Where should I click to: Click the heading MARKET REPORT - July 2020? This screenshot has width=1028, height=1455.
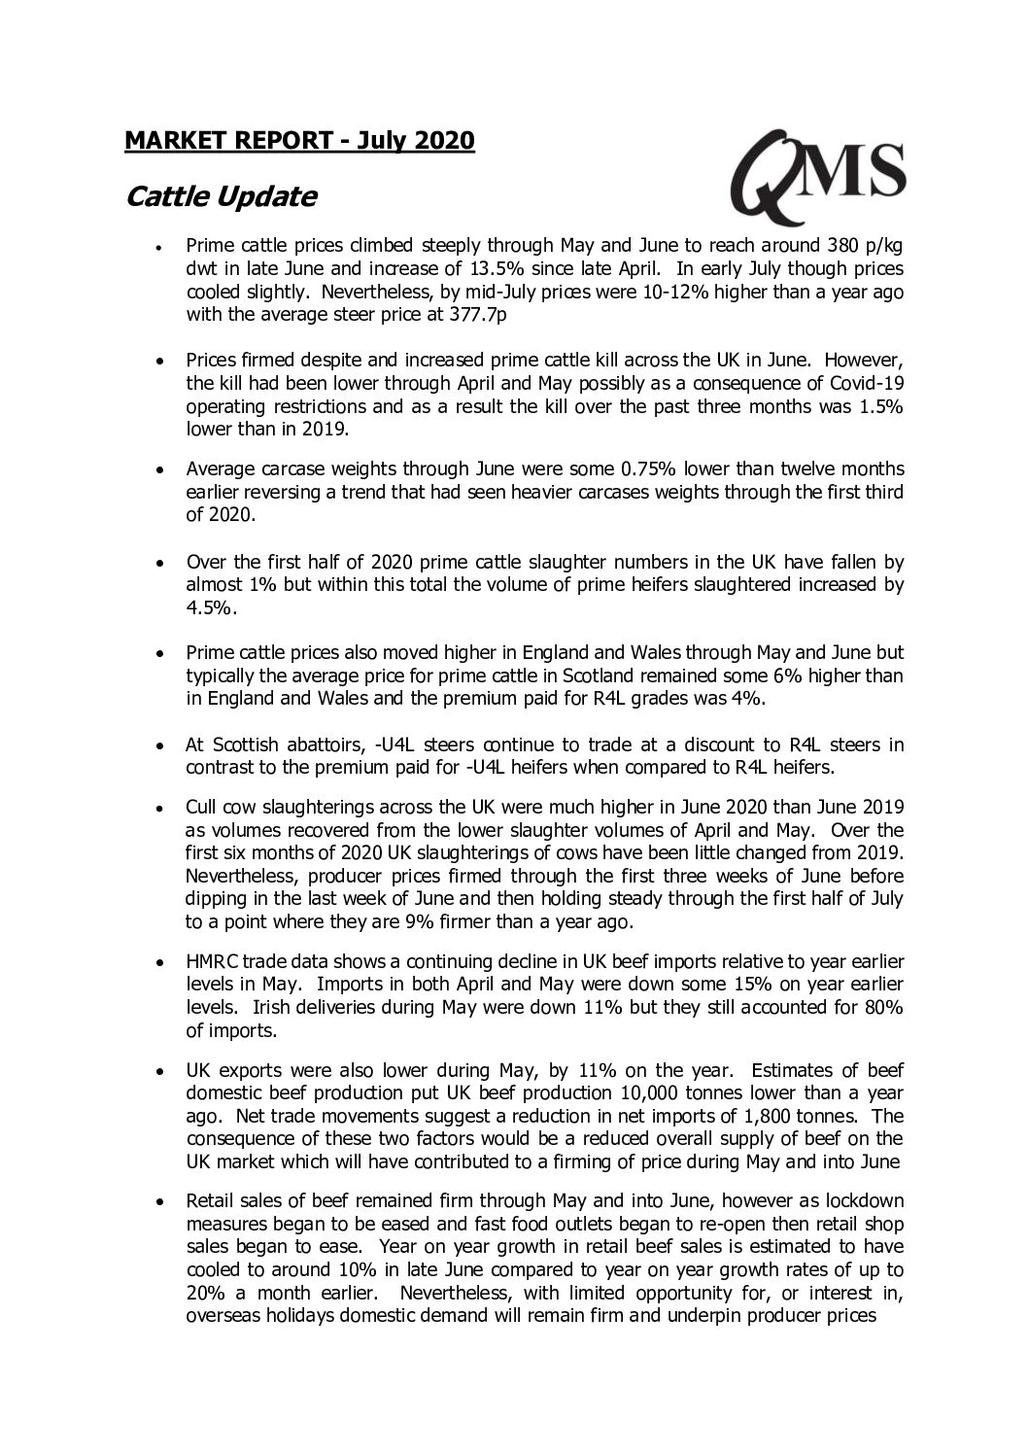(299, 141)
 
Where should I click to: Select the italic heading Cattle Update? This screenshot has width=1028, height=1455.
(222, 197)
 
